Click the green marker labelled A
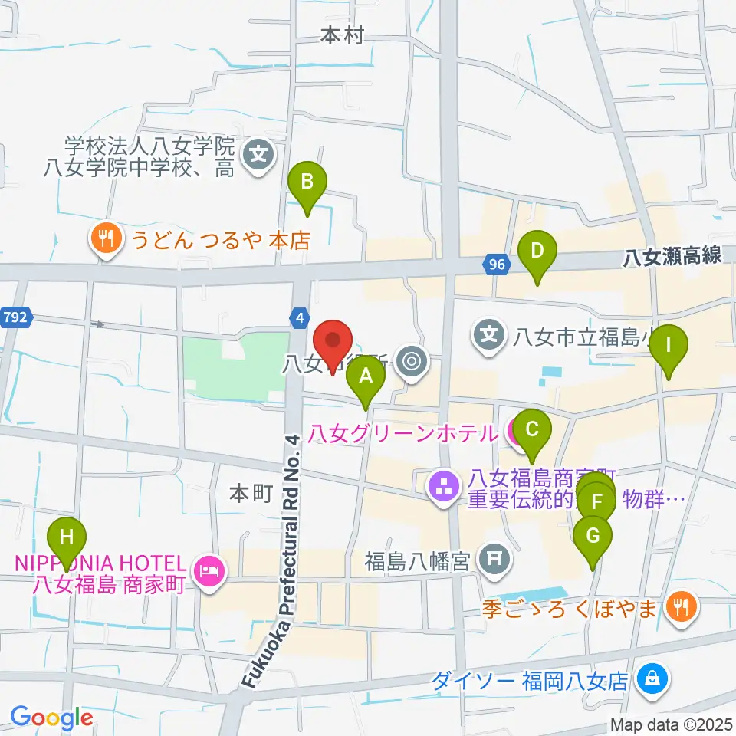pos(366,376)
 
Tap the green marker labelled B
pos(307,182)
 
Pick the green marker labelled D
pos(537,251)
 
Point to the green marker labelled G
pos(593,536)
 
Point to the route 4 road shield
pos(301,315)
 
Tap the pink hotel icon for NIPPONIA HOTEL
pos(209,570)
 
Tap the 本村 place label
pos(341,35)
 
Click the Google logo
pos(52,717)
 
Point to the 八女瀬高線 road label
pos(672,256)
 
